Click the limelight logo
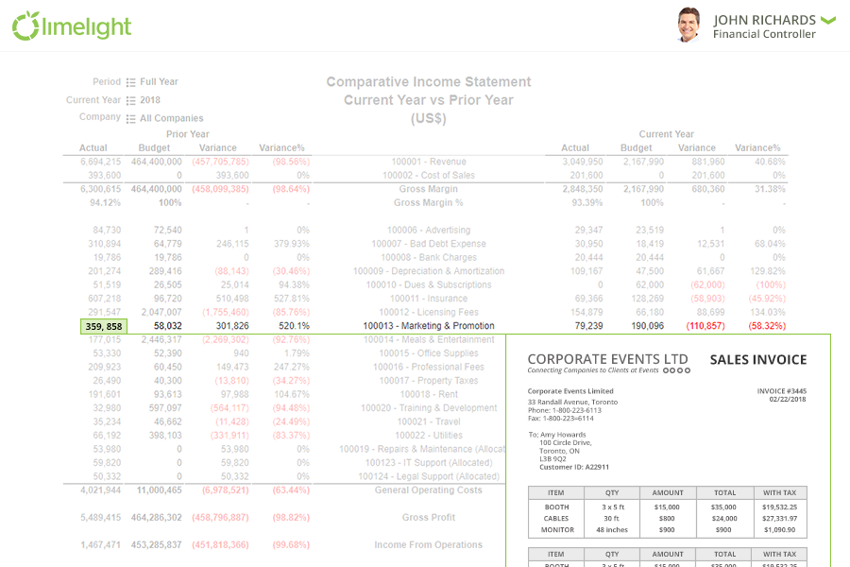coord(72,26)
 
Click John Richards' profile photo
coord(688,26)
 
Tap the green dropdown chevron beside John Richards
coord(828,19)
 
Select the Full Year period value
coord(160,82)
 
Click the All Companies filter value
coord(171,118)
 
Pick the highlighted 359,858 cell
coord(103,326)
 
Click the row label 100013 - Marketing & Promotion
coord(428,326)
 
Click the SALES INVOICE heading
coord(758,360)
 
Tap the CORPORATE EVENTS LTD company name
coord(607,359)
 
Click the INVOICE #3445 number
coord(782,390)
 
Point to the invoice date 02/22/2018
coord(789,399)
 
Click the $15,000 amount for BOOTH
coord(668,507)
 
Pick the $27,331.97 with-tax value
coord(780,518)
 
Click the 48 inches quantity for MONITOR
coord(612,529)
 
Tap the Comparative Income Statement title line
coord(428,82)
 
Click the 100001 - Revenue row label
coord(428,162)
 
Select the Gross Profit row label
coord(428,518)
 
